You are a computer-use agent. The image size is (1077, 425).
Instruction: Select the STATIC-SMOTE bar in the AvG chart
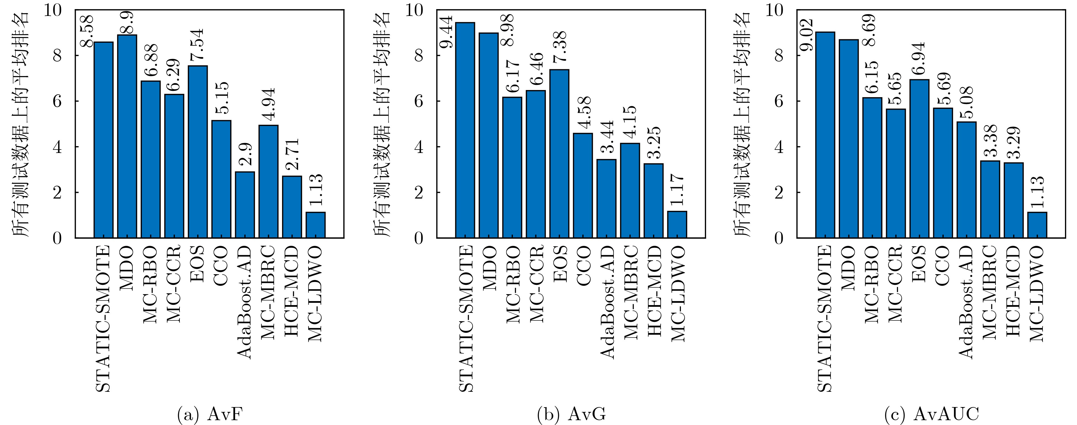click(x=465, y=130)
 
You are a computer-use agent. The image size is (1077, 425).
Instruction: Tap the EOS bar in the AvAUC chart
click(x=919, y=159)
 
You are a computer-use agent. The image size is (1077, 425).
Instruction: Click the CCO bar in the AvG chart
click(x=583, y=185)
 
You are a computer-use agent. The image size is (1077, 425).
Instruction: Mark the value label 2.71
click(x=292, y=154)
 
